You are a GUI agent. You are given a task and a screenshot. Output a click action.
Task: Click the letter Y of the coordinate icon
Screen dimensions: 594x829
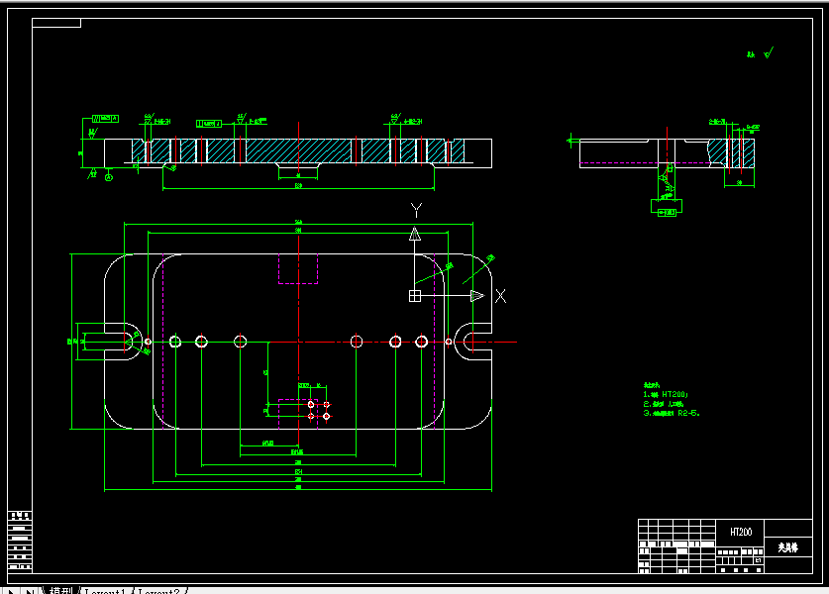(417, 210)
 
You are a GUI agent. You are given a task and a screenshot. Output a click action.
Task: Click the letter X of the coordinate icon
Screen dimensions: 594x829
(501, 295)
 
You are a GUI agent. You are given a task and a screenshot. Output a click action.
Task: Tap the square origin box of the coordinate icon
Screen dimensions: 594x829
(415, 295)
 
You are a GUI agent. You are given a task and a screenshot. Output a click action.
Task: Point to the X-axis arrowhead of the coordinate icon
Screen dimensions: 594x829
(476, 295)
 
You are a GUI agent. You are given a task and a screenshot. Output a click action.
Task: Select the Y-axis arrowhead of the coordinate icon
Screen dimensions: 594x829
(415, 234)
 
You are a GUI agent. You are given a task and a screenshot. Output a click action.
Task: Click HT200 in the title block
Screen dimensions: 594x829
(740, 533)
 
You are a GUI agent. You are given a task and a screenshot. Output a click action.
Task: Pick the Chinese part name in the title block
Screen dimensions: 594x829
(787, 546)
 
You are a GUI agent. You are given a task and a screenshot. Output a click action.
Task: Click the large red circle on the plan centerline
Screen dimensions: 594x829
(240, 342)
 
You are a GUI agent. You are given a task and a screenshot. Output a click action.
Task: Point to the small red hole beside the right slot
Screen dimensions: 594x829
(449, 342)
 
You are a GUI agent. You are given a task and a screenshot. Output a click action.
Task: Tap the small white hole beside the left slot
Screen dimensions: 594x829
(148, 342)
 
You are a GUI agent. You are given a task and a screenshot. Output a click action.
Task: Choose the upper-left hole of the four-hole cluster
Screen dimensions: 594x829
(312, 405)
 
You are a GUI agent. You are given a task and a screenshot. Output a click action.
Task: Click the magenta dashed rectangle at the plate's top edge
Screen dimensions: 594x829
(298, 268)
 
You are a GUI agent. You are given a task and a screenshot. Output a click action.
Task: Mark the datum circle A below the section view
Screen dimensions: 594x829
(109, 177)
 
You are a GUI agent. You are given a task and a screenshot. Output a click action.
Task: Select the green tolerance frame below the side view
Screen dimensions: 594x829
(664, 208)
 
